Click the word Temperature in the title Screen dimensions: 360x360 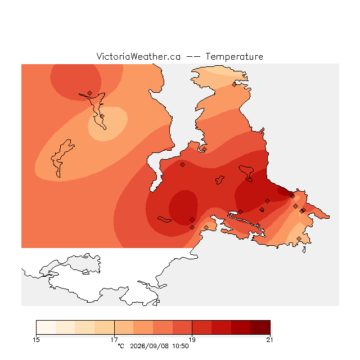[x=234, y=56]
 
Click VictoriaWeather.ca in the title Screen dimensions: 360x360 [x=138, y=56]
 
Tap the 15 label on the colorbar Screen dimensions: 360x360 [x=36, y=340]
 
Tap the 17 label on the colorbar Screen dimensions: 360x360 [x=114, y=340]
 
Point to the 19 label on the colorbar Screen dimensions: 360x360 [x=192, y=340]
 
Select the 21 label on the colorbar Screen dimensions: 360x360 [x=270, y=340]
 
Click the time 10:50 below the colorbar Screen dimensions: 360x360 [x=181, y=346]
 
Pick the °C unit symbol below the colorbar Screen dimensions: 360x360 [x=121, y=346]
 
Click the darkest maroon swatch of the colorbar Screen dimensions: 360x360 [x=260, y=327]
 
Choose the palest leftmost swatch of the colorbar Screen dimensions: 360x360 [x=46, y=327]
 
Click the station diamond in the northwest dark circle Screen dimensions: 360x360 [x=90, y=93]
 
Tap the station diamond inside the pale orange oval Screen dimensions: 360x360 [x=102, y=116]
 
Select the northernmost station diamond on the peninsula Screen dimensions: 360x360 [x=234, y=85]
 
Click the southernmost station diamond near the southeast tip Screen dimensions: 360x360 [x=299, y=238]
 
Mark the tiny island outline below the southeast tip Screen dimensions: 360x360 [x=304, y=250]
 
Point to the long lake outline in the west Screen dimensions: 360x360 [x=61, y=159]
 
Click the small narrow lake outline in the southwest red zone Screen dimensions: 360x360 [x=164, y=219]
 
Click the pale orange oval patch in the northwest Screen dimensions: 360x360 [x=108, y=124]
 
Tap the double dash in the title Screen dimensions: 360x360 [x=193, y=57]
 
